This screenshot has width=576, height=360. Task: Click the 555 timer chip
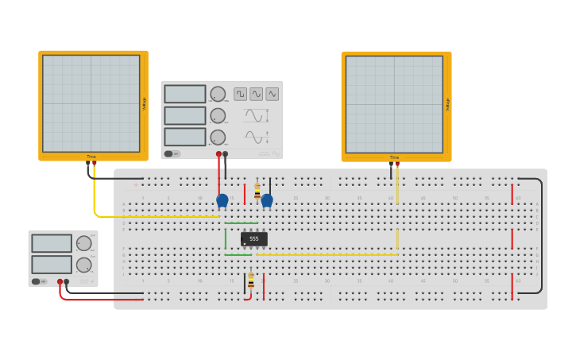[x=254, y=238]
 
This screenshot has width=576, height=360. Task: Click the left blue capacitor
[x=222, y=200]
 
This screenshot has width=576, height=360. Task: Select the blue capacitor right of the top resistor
[x=267, y=200]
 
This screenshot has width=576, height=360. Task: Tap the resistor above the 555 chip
[x=257, y=192]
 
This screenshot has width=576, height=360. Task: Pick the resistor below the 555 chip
[x=251, y=281]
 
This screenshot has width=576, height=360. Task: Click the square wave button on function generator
[x=240, y=94]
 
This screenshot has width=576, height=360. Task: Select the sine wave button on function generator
[x=256, y=94]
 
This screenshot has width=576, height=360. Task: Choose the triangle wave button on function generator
[x=273, y=94]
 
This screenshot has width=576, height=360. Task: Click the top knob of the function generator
[x=218, y=94]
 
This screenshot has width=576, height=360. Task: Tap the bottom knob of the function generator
[x=218, y=137]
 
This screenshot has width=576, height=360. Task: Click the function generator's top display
[x=185, y=94]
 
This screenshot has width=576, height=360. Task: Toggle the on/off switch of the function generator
[x=171, y=153]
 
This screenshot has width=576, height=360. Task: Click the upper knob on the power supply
[x=83, y=243]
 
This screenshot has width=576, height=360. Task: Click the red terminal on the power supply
[x=60, y=281]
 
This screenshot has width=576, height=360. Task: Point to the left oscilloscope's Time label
[x=91, y=157]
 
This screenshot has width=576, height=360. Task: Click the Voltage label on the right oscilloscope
[x=447, y=104]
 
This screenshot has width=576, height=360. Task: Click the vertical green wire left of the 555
[x=226, y=238]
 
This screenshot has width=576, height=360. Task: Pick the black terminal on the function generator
[x=226, y=153]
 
